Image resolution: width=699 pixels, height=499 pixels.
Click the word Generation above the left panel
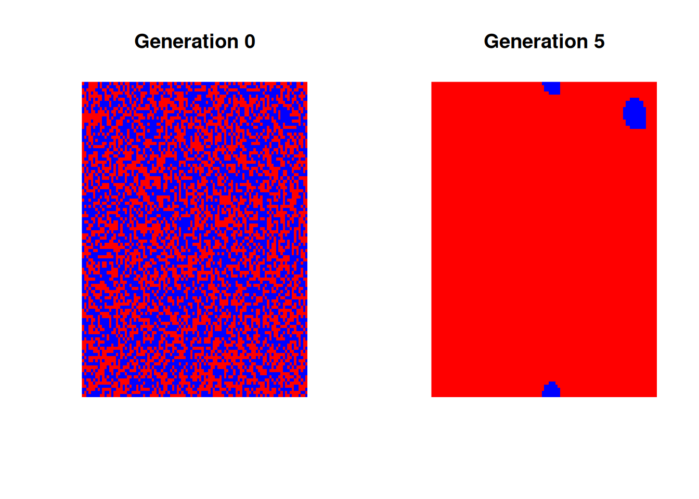(x=186, y=42)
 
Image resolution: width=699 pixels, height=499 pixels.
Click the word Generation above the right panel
(x=536, y=42)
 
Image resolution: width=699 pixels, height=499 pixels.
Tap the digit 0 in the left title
(x=250, y=42)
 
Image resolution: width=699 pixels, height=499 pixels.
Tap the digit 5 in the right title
(x=599, y=42)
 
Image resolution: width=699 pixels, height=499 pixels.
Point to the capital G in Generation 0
(x=142, y=42)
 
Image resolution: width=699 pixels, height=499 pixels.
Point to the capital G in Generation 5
(x=491, y=42)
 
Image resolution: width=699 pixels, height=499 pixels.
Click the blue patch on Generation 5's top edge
(x=552, y=88)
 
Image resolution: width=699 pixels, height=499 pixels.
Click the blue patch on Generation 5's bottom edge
(x=551, y=390)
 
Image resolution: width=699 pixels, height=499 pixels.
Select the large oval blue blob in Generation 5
(x=635, y=113)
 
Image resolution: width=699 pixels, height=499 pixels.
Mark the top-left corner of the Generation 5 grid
(x=432, y=82)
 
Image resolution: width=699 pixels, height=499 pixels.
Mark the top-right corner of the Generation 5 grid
(x=657, y=82)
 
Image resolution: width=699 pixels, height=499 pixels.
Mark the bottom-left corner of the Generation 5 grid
(x=432, y=397)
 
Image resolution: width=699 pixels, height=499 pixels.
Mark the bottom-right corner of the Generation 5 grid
(x=657, y=397)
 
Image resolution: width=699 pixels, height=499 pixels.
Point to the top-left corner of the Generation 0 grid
(x=82, y=82)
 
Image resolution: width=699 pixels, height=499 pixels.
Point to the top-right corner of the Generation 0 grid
(x=307, y=82)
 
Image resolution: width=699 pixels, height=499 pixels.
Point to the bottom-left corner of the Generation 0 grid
(x=82, y=397)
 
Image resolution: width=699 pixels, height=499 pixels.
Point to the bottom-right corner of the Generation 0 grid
(x=307, y=397)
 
